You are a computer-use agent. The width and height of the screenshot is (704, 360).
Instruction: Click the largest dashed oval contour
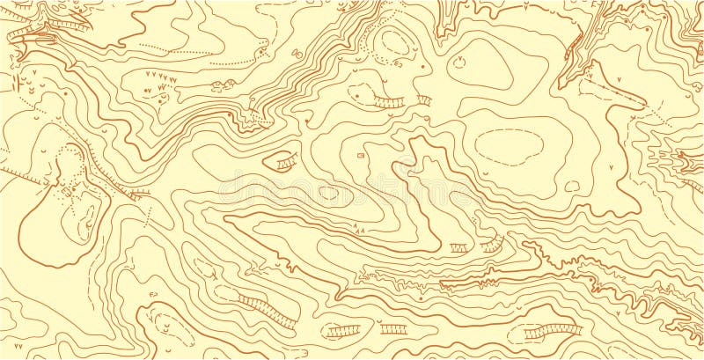pyautogui.click(x=509, y=145)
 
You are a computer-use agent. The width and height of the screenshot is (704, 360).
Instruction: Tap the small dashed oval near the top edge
pyautogui.click(x=394, y=41)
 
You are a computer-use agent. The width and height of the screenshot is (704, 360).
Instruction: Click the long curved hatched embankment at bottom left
pyautogui.click(x=266, y=311)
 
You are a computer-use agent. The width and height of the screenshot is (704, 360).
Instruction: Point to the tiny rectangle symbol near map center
pyautogui.click(x=360, y=155)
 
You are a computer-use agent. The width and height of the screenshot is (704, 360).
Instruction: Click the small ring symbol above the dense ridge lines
pyautogui.click(x=297, y=54)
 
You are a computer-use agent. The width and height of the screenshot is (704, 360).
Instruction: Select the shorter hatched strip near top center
pyautogui.click(x=424, y=99)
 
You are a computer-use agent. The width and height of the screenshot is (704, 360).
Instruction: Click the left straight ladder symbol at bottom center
pyautogui.click(x=343, y=331)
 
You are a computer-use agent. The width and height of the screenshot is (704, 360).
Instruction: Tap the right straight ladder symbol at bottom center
pyautogui.click(x=393, y=329)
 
